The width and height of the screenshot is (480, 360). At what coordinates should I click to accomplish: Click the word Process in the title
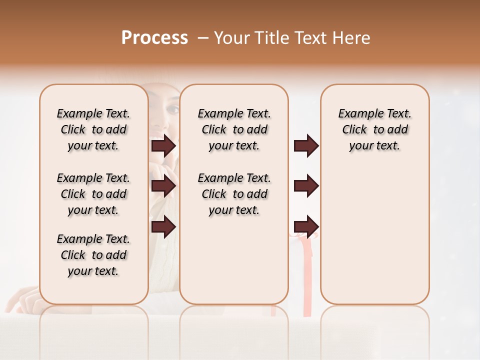[154, 38]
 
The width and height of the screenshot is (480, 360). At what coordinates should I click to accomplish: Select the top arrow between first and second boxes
[163, 145]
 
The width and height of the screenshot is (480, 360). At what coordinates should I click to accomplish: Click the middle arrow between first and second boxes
[163, 186]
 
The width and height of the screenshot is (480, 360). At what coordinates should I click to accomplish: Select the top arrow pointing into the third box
[306, 145]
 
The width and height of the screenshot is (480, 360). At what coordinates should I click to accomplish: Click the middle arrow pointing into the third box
[306, 186]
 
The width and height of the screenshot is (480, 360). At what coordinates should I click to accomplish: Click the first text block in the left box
[93, 129]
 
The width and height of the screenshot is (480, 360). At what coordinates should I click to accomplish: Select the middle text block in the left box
[93, 194]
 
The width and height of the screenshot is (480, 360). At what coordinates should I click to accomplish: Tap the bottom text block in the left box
[93, 255]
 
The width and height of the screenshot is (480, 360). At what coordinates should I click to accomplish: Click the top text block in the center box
[234, 129]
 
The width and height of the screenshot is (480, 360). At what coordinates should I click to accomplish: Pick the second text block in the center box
[234, 194]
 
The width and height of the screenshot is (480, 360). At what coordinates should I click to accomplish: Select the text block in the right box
[374, 129]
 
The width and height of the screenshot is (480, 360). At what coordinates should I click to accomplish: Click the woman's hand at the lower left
[22, 298]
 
